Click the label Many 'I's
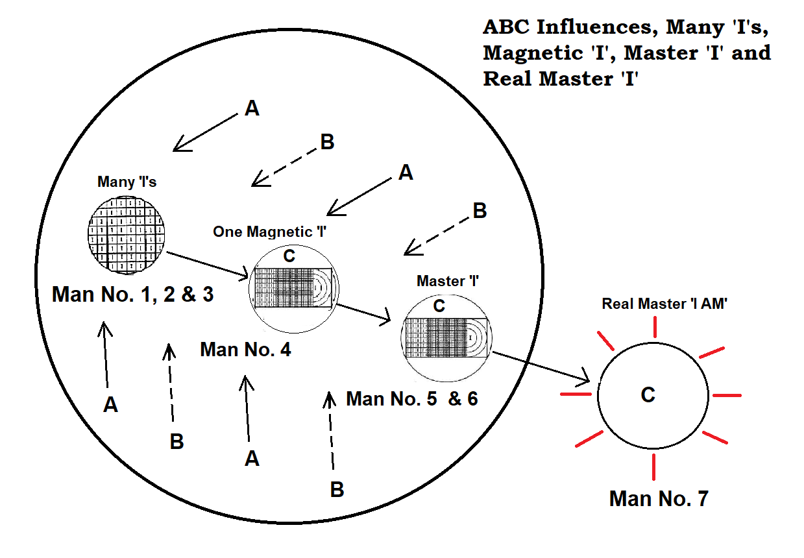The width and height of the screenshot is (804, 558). click(127, 182)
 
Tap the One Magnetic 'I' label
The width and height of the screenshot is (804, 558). click(269, 232)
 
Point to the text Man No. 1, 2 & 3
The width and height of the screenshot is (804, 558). click(132, 294)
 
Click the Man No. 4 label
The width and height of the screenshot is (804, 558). click(245, 350)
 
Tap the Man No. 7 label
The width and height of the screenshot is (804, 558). click(658, 498)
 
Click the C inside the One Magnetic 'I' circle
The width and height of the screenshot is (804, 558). click(289, 256)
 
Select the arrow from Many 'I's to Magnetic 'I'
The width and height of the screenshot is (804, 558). click(206, 265)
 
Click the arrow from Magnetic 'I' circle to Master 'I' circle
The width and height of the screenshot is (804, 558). click(363, 313)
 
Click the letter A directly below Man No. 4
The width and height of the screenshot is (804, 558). click(252, 459)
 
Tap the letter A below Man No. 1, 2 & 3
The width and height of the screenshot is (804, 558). click(111, 405)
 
